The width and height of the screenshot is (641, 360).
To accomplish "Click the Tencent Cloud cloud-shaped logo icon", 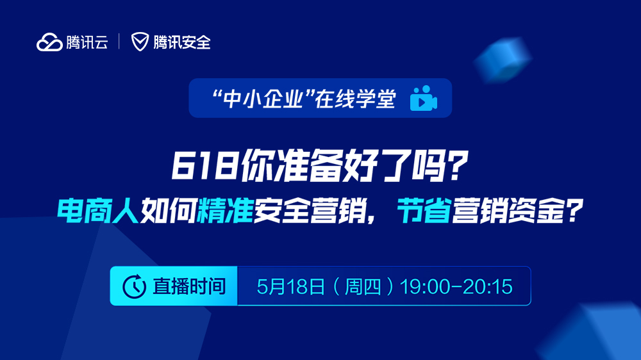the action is click(49, 42).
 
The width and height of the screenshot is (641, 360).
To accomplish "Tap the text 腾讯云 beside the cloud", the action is click(87, 42).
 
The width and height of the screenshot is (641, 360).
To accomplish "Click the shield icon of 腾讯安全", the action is click(140, 42).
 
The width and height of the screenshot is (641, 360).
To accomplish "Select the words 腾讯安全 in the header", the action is click(182, 42).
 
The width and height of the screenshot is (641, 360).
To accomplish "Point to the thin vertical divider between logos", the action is click(119, 42).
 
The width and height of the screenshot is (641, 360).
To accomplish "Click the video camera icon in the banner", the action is click(424, 98).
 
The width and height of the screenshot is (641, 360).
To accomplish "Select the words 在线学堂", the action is click(355, 99).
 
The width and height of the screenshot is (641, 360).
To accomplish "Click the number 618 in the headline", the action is click(204, 165).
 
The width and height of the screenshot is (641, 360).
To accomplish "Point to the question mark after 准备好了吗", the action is click(456, 165).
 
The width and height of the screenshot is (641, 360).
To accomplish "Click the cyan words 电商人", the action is click(98, 211).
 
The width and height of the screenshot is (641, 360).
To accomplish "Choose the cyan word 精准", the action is click(225, 211).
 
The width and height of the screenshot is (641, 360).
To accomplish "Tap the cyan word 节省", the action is click(424, 211).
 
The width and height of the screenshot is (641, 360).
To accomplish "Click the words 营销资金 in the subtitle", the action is click(508, 211).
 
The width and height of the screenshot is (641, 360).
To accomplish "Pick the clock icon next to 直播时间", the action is click(134, 286).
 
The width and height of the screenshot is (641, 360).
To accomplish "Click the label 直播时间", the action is click(189, 286).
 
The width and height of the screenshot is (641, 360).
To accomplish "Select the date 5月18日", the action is click(291, 286).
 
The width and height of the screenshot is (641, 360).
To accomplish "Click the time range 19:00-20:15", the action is click(456, 286).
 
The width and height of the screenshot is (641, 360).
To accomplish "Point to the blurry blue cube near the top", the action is click(503, 60).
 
